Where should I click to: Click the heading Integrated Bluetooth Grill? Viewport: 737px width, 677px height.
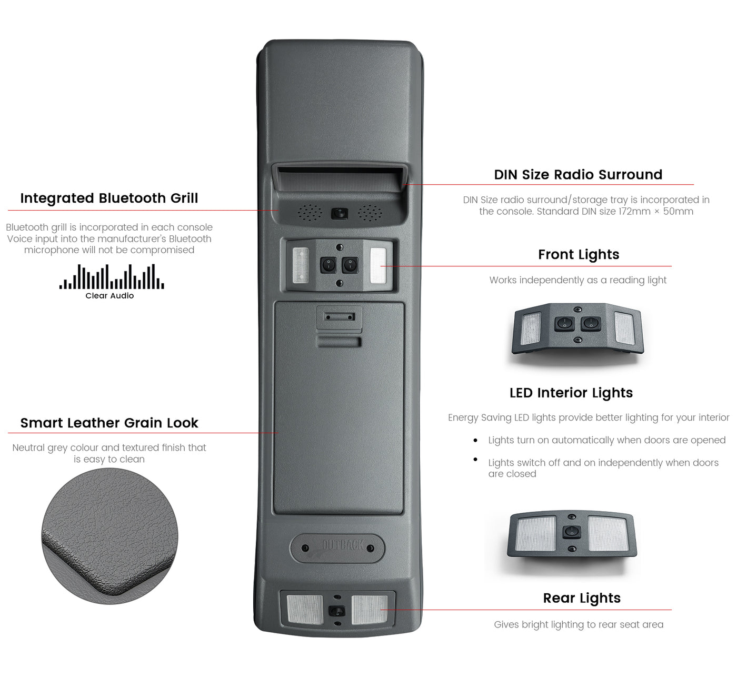109,198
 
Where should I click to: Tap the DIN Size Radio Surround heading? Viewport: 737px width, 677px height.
578,175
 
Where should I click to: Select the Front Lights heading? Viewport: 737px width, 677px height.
579,255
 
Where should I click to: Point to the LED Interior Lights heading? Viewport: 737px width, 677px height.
571,393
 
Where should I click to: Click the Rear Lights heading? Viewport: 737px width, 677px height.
582,599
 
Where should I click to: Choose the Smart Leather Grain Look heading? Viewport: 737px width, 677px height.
109,423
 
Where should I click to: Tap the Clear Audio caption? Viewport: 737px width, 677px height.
109,296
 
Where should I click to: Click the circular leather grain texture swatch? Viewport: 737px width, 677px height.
109,536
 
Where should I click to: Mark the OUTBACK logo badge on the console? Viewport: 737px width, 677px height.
337,547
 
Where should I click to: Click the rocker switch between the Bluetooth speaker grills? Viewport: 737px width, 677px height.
340,214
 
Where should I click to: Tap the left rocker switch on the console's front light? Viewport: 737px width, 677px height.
328,265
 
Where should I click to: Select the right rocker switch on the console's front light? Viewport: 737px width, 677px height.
350,265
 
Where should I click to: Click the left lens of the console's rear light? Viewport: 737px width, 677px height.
305,610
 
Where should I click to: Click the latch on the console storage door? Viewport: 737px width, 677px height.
340,317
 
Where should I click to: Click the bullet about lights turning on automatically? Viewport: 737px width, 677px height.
606,441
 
